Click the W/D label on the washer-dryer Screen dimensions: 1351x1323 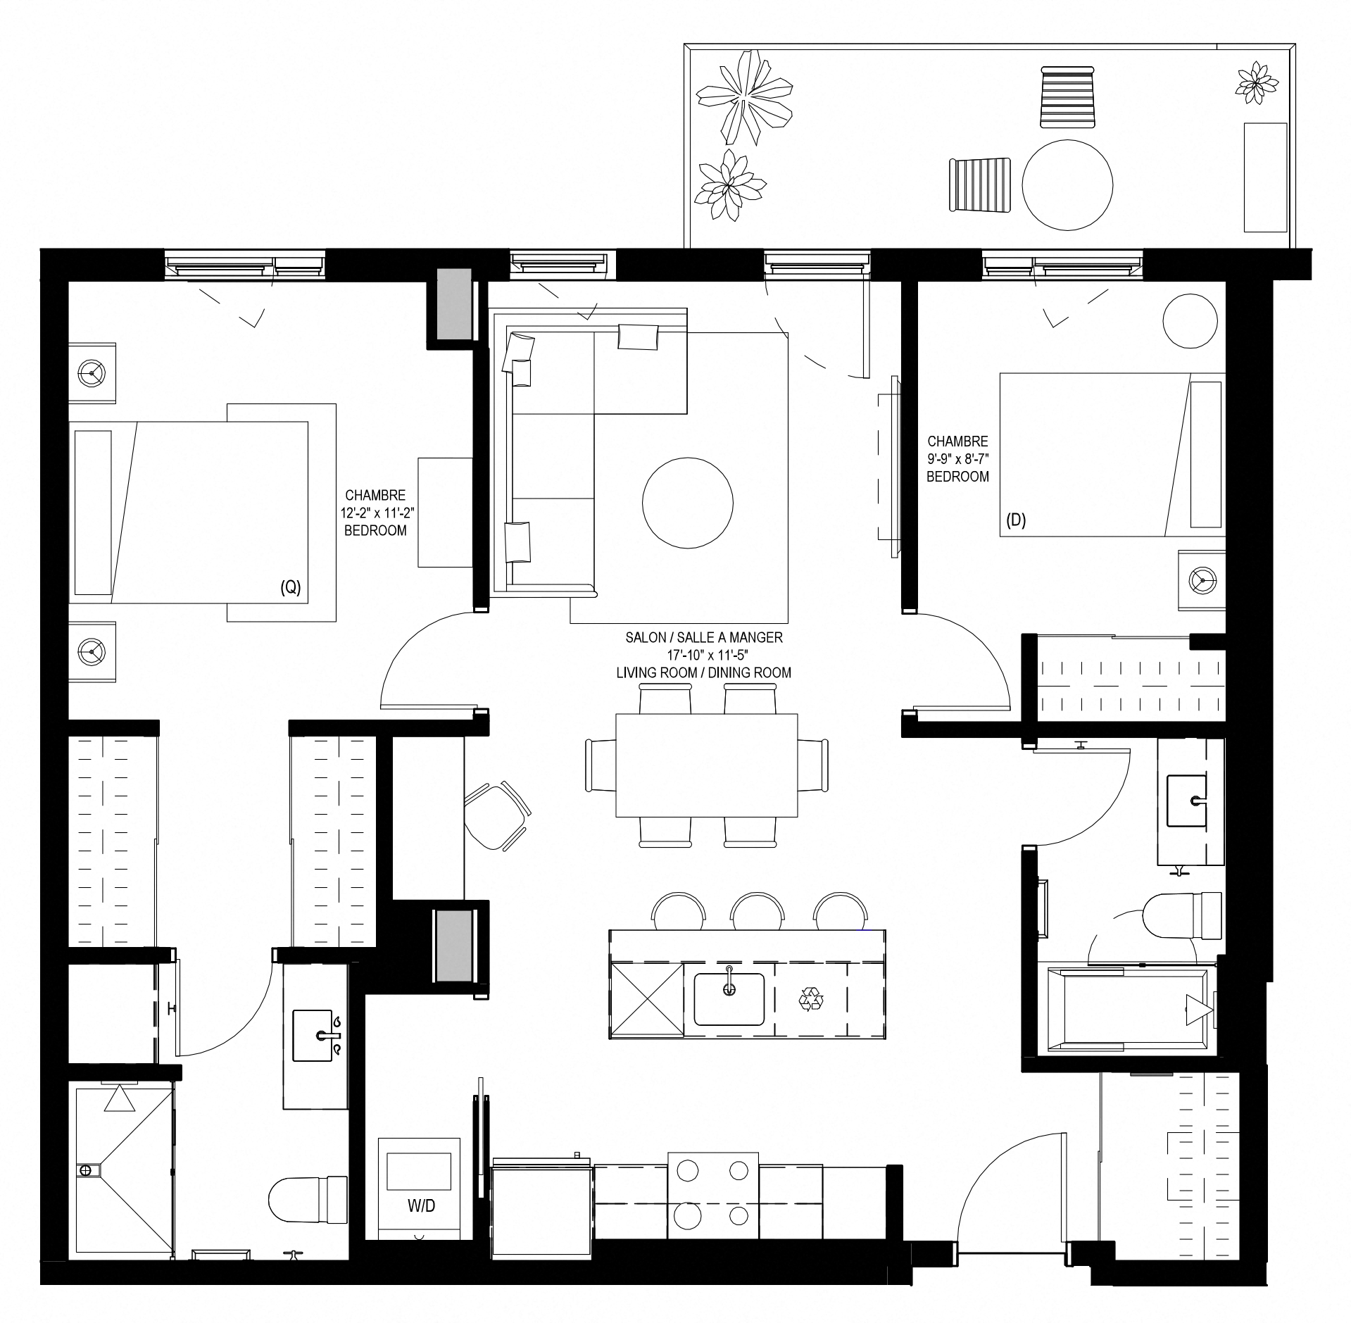[x=421, y=1206]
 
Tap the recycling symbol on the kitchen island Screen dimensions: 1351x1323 [x=811, y=998]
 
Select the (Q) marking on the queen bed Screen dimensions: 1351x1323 [x=290, y=588]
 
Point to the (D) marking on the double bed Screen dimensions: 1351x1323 [x=1016, y=520]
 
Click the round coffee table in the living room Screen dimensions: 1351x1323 [x=688, y=503]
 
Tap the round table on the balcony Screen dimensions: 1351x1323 [x=1067, y=185]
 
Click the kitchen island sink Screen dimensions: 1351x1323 [x=729, y=999]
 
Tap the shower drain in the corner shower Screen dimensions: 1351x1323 [x=86, y=1170]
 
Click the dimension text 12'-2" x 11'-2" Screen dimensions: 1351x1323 [x=375, y=513]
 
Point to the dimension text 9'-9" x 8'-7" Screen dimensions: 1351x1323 [x=957, y=459]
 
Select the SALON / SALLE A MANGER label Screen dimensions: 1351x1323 [x=704, y=637]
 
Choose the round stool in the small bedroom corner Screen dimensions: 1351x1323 [x=1190, y=321]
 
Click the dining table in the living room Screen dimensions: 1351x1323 [x=707, y=765]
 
